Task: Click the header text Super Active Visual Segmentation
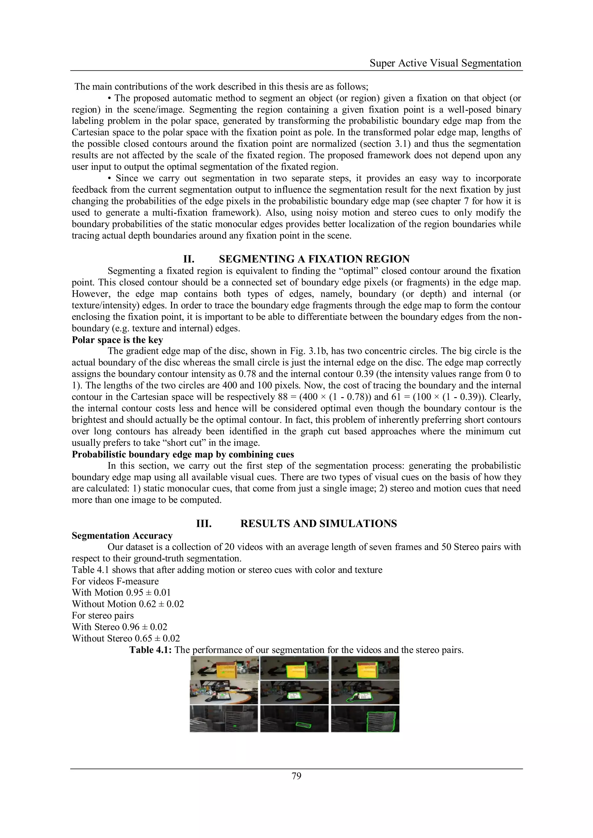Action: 445,63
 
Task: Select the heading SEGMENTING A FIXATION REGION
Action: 314,259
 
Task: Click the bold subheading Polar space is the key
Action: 117,340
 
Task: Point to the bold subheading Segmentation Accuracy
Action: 122,536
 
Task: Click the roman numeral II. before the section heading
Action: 188,259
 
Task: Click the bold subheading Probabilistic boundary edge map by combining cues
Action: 183,454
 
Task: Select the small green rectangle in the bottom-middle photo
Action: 303,725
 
